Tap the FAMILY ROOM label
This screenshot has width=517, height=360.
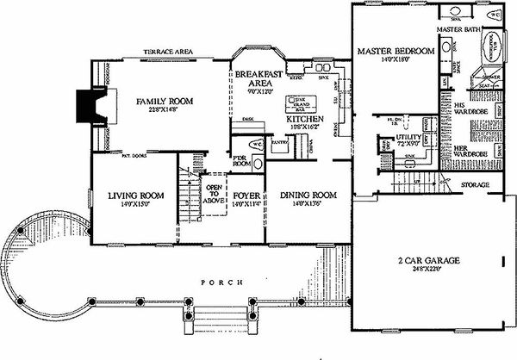pos(165,102)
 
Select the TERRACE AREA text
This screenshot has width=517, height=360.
pos(168,52)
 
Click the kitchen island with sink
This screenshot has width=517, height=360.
pos(301,103)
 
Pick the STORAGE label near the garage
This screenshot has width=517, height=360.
pos(474,185)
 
